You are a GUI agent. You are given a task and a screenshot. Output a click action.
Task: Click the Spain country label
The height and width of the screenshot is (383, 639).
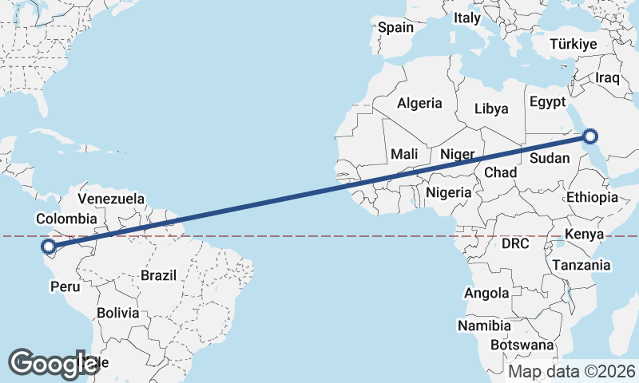click(396, 28)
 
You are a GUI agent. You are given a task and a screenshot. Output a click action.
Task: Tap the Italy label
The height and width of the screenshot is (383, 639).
click(467, 40)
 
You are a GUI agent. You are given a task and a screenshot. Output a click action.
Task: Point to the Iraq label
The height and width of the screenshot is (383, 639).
click(608, 78)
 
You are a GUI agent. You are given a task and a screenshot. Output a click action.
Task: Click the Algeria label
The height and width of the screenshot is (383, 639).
click(419, 103)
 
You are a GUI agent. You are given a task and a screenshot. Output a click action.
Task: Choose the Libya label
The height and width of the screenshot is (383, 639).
click(491, 109)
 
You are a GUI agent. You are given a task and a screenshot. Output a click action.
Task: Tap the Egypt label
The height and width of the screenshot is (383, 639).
click(547, 102)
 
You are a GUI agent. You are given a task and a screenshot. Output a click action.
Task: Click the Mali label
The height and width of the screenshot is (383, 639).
click(405, 154)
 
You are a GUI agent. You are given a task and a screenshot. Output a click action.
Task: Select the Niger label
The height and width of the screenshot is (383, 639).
click(458, 154)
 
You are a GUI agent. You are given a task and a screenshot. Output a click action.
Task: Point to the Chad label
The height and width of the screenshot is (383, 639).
click(500, 173)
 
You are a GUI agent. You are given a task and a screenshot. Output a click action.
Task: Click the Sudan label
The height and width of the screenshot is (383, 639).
click(550, 158)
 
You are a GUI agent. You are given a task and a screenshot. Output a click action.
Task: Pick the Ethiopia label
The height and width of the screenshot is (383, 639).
click(592, 197)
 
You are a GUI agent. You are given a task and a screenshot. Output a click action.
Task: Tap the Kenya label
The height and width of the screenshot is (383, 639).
click(584, 235)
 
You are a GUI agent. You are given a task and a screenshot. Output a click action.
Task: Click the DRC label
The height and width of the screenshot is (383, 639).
click(515, 243)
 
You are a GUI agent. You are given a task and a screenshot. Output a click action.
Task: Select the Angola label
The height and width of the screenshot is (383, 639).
click(486, 293)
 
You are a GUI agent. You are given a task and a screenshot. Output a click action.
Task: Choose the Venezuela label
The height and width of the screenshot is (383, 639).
click(111, 198)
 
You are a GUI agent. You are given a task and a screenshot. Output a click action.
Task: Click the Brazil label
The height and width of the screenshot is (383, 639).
click(158, 275)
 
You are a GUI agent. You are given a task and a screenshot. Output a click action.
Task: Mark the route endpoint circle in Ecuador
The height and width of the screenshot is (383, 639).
click(48, 247)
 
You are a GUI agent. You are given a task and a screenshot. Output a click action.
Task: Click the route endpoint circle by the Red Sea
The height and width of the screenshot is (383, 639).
click(590, 136)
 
